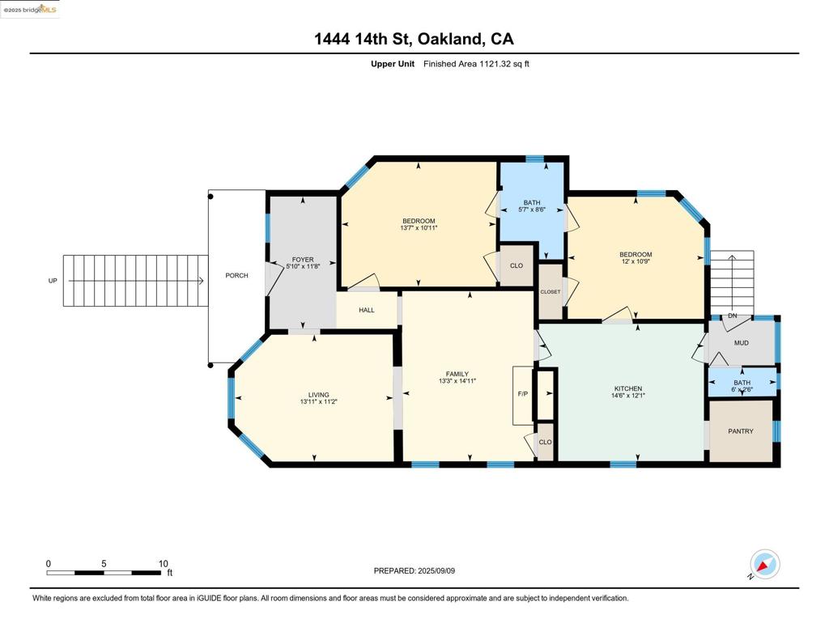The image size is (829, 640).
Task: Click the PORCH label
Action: click(236, 275)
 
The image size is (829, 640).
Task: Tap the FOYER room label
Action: click(303, 260)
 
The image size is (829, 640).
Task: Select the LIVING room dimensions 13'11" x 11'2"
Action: click(319, 401)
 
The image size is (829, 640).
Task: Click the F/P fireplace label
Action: click(522, 394)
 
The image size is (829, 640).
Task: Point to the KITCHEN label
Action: click(628, 388)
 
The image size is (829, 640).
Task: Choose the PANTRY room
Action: click(741, 431)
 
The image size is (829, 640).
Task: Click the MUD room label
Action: click(742, 343)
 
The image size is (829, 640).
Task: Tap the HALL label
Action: click(367, 310)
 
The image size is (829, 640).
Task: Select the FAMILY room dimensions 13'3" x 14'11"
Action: click(457, 380)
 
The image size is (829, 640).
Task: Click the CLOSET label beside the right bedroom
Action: click(551, 292)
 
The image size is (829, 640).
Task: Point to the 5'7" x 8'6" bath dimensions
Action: click(532, 210)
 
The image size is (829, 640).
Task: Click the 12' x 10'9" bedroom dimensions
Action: click(636, 261)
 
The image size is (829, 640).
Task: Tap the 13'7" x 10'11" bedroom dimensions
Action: click(419, 228)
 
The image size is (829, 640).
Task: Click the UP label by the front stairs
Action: click(53, 281)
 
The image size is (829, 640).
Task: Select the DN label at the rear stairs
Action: click(732, 316)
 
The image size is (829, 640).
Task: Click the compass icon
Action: click(764, 565)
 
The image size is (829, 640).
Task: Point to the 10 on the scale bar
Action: click(164, 564)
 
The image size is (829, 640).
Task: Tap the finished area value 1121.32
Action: click(496, 64)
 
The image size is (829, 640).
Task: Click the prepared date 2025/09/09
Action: click(436, 570)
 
